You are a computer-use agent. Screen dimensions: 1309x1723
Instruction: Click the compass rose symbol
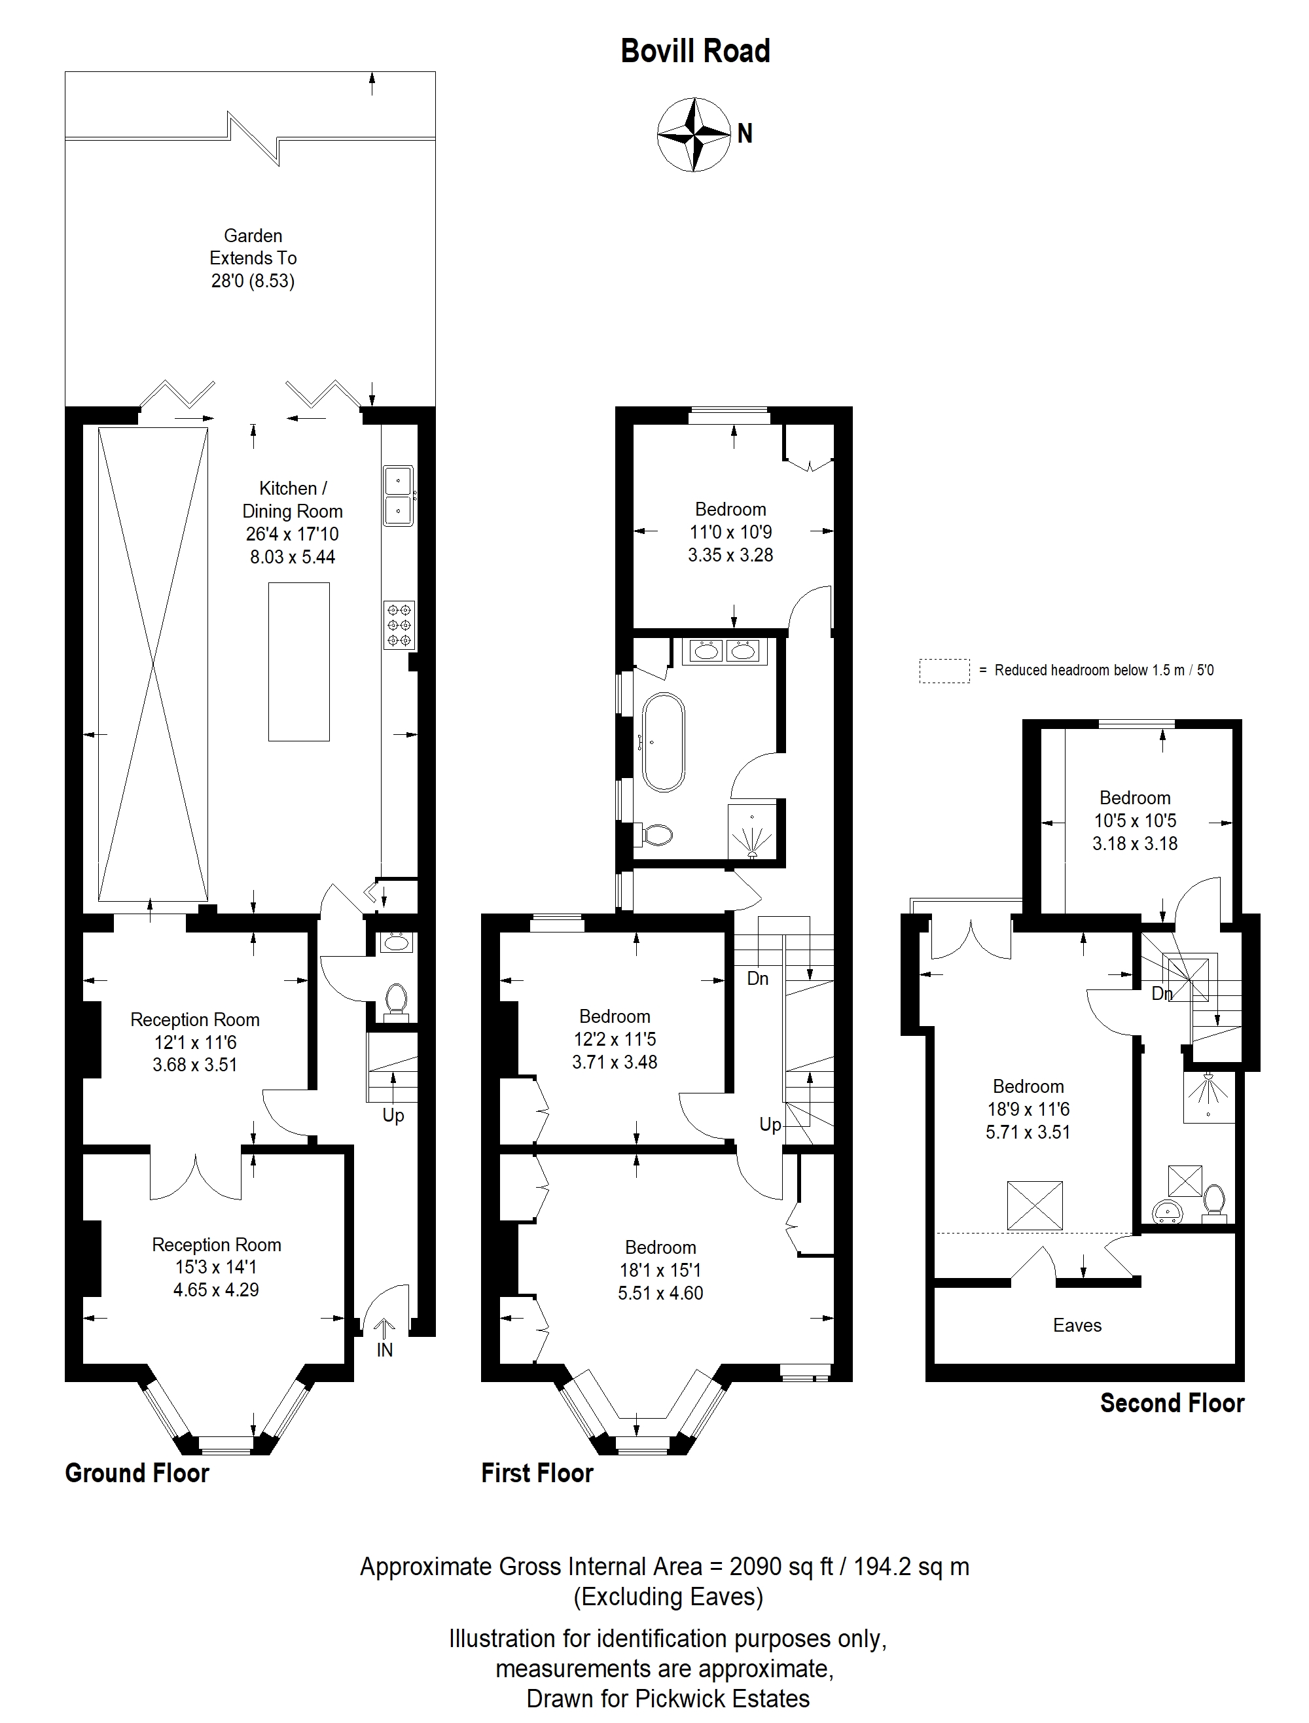point(692,134)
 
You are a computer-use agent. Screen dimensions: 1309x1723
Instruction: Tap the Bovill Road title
point(695,52)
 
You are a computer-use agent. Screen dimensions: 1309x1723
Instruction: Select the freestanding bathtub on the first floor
point(663,741)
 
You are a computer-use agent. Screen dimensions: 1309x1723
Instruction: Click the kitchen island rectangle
point(298,662)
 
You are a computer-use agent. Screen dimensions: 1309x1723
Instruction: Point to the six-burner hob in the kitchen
point(399,625)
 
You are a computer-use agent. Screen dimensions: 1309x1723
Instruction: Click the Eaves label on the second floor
point(1077,1325)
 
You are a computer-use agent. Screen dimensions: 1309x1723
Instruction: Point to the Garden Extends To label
point(253,247)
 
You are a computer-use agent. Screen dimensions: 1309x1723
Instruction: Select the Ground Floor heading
point(137,1473)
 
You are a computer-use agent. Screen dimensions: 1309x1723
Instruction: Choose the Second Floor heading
point(1172,1403)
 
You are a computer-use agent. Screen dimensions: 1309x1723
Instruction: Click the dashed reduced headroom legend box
point(944,671)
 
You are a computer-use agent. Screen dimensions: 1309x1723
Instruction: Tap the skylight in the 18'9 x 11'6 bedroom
point(1035,1206)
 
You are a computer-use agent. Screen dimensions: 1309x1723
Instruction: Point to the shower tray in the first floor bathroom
point(752,832)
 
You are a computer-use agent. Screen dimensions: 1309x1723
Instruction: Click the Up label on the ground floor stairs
point(393,1116)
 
